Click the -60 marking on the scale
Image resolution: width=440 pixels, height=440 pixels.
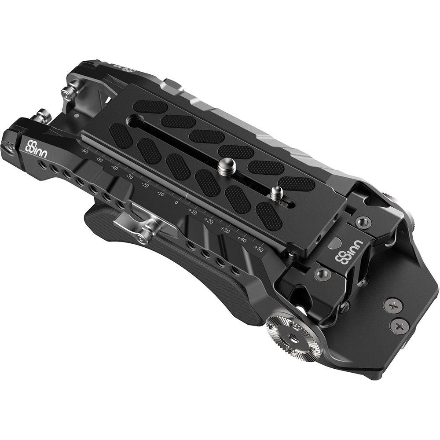pyautogui.click(x=85, y=152)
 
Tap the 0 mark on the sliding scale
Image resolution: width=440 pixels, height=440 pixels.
pyautogui.click(x=176, y=202)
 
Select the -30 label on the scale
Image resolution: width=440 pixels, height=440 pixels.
pyautogui.click(x=130, y=176)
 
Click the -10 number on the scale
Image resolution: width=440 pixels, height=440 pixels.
pyautogui.click(x=161, y=194)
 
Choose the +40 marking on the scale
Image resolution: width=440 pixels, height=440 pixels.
pyautogui.click(x=242, y=239)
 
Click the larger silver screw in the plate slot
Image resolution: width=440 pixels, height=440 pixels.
pyautogui.click(x=226, y=167)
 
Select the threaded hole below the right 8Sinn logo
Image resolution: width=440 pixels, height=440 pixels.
pyautogui.click(x=323, y=274)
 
